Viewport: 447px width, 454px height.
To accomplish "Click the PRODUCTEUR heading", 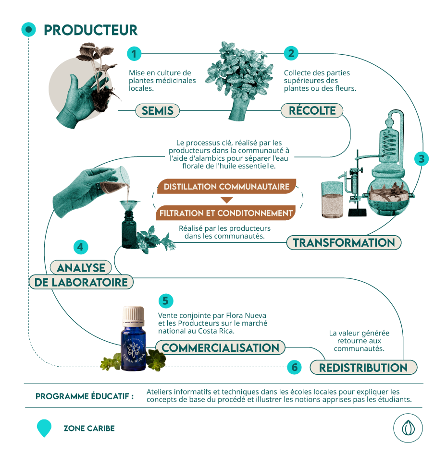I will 90,30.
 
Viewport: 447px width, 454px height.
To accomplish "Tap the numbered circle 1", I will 135,54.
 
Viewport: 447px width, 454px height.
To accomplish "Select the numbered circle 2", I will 291,53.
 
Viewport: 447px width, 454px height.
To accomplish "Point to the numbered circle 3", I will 421,158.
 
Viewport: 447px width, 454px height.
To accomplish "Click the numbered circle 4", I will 81,247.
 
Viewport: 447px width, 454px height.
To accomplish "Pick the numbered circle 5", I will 165,301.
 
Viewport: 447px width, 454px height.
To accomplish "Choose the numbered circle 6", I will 294,368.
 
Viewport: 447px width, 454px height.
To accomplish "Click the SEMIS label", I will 157,111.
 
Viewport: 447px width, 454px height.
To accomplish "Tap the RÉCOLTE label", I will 312,111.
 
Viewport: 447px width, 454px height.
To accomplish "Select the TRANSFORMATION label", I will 344,242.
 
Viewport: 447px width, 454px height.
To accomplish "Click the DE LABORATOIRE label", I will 81,282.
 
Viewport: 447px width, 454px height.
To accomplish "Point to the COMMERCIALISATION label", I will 220,347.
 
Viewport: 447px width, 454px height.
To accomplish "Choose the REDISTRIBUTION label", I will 363,368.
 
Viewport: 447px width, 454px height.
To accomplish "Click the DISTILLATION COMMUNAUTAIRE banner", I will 226,186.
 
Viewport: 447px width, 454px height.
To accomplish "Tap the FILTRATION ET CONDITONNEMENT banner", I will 226,213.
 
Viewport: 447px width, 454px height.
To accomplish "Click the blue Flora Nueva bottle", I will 133,341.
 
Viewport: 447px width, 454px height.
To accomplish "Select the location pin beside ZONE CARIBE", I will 44,428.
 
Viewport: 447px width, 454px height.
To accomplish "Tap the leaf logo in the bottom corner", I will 408,427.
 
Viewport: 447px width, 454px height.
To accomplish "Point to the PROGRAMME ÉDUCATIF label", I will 85,396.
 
